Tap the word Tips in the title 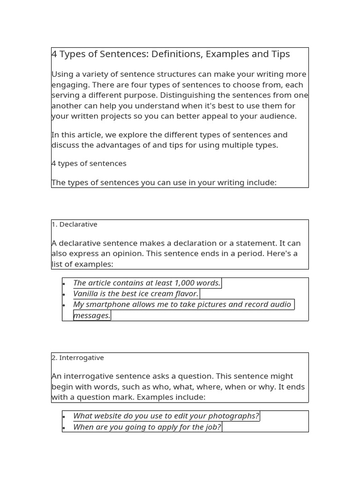[x=280, y=54]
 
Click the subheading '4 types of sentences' [x=89, y=164]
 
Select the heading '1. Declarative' [x=75, y=225]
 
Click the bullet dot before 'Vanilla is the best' [x=64, y=294]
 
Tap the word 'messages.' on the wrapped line [x=92, y=316]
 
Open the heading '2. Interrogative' [x=78, y=358]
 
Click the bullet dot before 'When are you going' [x=64, y=427]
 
